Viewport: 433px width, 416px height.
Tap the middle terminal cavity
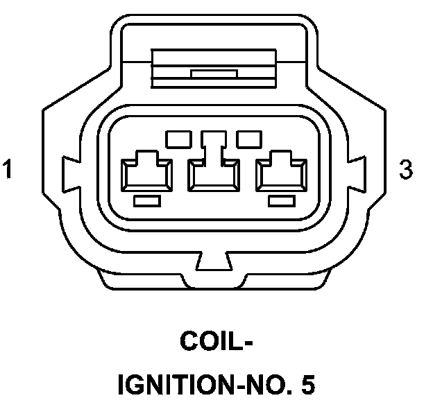214,173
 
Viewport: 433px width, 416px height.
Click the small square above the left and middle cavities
178,139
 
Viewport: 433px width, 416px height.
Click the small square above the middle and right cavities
248,139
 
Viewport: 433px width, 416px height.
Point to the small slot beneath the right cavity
282,201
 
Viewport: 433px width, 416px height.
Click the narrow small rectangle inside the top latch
214,73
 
